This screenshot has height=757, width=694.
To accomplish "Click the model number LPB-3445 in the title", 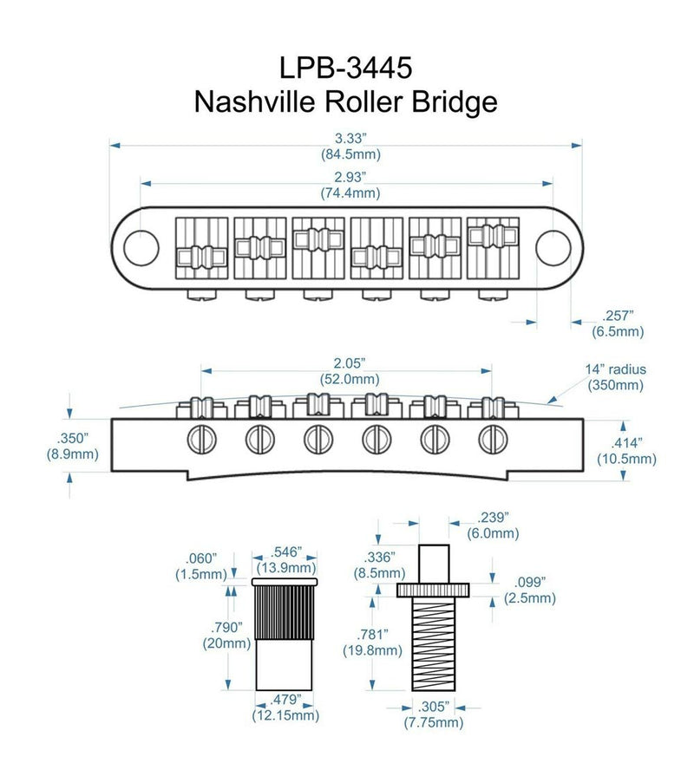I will (345, 67).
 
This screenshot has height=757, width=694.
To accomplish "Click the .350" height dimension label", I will (72, 439).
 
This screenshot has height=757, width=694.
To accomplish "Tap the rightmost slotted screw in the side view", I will (492, 438).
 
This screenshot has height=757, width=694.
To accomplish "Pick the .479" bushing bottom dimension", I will (286, 699).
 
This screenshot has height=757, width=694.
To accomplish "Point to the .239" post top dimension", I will (488, 515).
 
